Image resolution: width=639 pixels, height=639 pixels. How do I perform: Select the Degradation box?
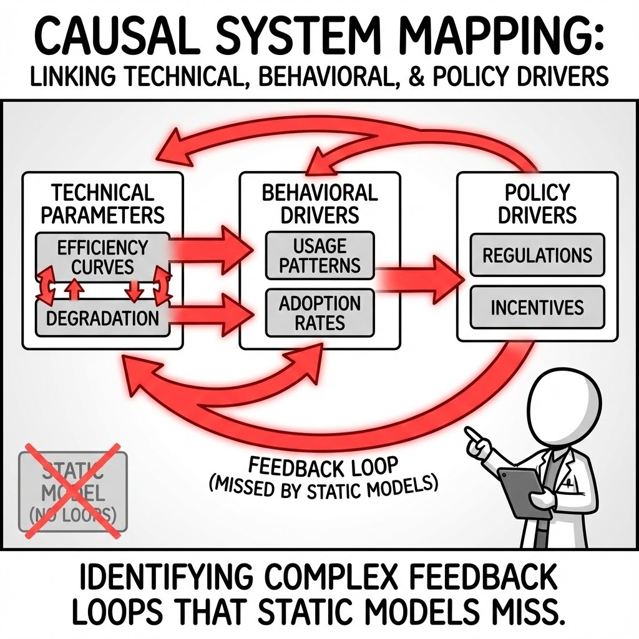pos(102,318)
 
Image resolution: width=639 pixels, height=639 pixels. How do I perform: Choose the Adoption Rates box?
pos(319,313)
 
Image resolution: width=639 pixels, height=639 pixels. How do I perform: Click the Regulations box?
pos(537,255)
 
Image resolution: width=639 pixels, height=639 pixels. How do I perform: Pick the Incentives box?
pos(537,307)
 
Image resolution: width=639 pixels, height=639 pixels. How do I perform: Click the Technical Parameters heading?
pos(102,203)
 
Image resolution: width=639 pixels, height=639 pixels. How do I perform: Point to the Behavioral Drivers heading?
pos(319,203)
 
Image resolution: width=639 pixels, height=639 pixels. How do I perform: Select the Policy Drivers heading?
pos(537,203)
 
